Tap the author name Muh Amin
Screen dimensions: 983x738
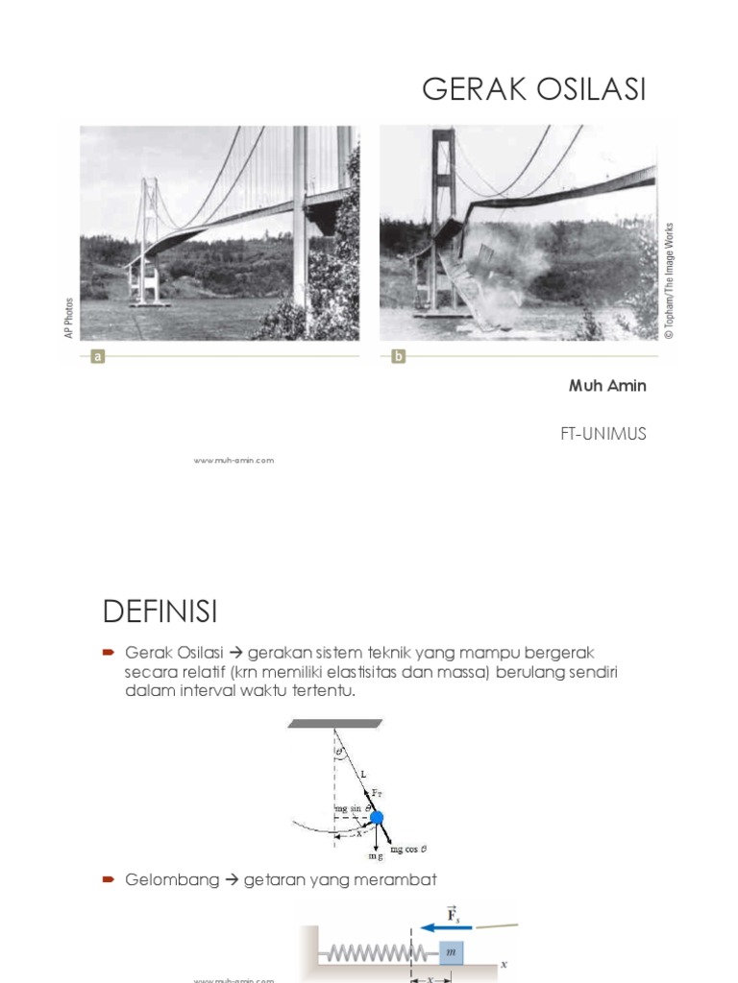tap(606, 386)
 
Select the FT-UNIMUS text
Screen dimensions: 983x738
tap(603, 434)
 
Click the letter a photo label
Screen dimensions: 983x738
tap(97, 356)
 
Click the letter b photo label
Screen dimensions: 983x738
tap(398, 356)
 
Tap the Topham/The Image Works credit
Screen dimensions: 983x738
tap(670, 280)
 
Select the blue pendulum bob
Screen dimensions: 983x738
tap(377, 818)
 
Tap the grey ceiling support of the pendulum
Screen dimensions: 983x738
tap(335, 722)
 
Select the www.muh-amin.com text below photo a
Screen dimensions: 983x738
tap(234, 460)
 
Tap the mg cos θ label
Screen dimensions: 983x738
tap(409, 850)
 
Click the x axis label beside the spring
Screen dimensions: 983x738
tap(503, 960)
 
